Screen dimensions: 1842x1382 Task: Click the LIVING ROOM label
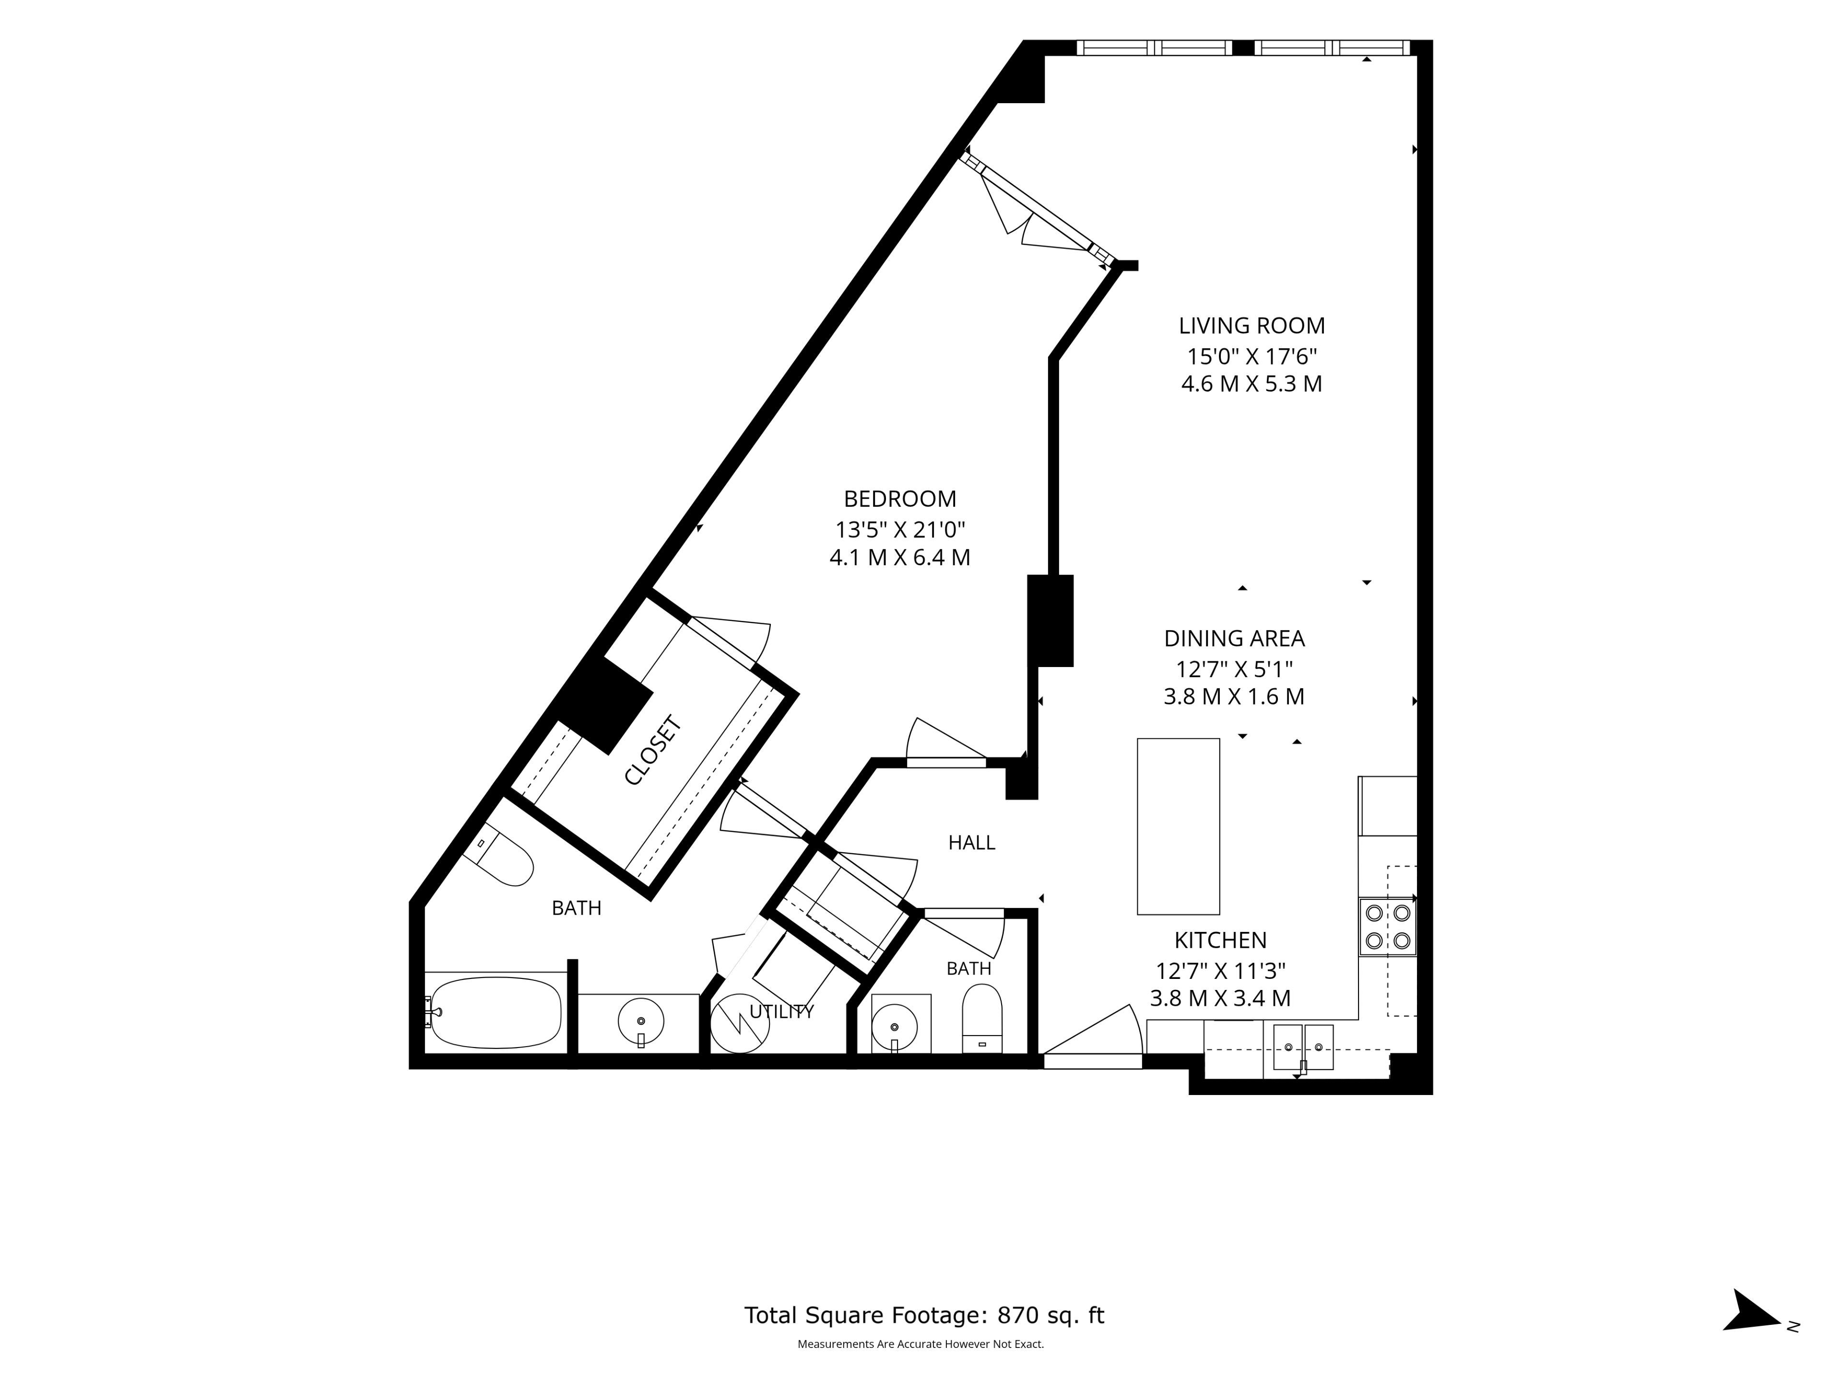pyautogui.click(x=1252, y=326)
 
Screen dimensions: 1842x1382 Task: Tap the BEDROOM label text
pyautogui.click(x=900, y=499)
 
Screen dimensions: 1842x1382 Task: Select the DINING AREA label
pyautogui.click(x=1234, y=639)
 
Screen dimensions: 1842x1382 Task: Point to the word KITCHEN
pyautogui.click(x=1221, y=941)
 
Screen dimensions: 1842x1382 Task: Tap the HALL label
pyautogui.click(x=972, y=843)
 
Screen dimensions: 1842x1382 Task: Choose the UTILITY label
pyautogui.click(x=782, y=1012)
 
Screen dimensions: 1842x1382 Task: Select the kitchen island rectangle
pyautogui.click(x=1178, y=826)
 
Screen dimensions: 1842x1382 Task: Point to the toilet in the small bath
pyautogui.click(x=982, y=1019)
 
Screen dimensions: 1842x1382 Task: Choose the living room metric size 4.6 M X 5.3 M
pyautogui.click(x=1252, y=384)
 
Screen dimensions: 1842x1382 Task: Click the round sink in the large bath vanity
pyautogui.click(x=641, y=1020)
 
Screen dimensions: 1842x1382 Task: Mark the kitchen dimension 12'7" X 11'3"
pyautogui.click(x=1221, y=971)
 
